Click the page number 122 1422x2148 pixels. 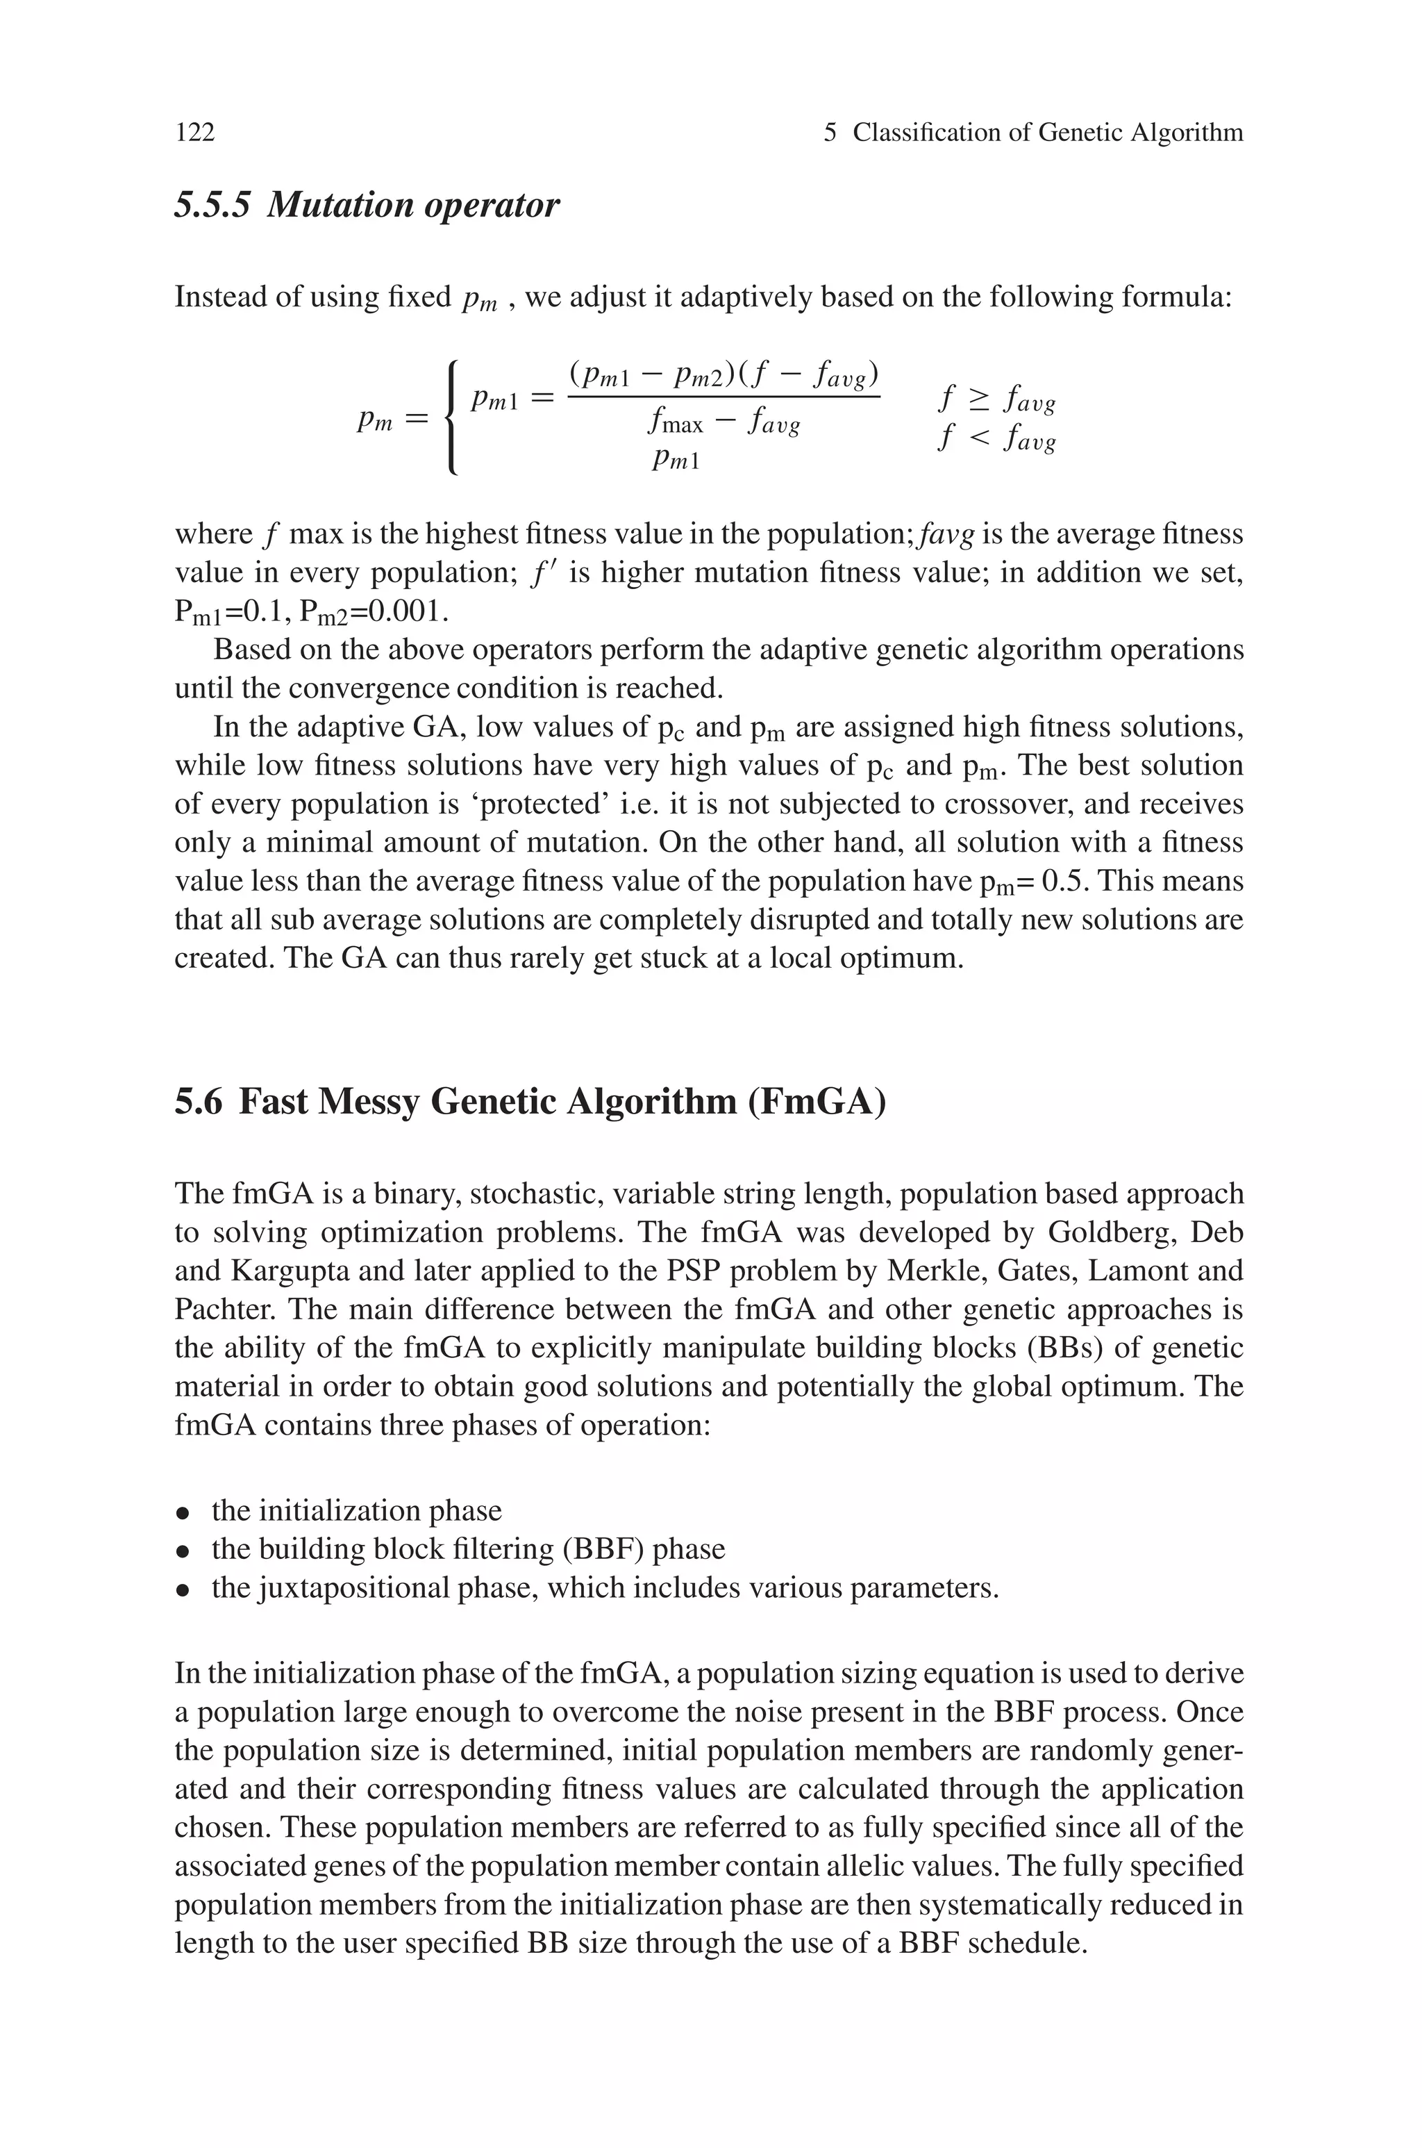195,133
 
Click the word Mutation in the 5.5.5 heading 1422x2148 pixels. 339,205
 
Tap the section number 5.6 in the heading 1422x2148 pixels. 198,1102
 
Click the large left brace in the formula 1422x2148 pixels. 451,418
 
